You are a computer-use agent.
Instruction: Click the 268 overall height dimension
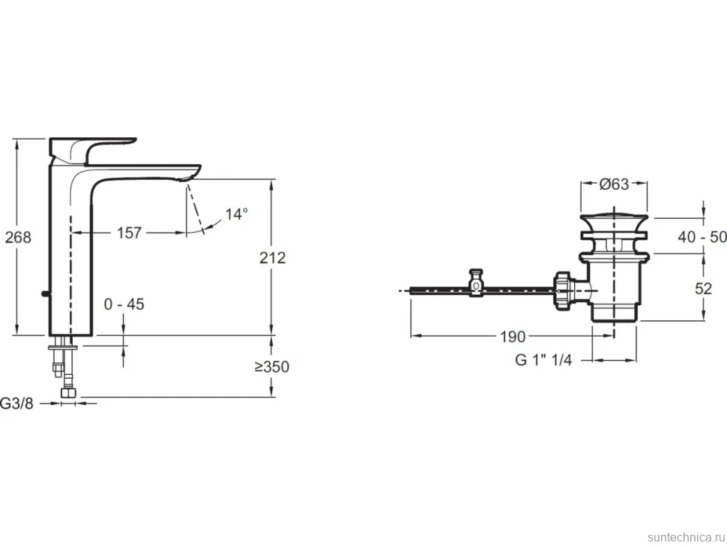[x=18, y=237]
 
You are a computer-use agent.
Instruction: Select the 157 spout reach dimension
[x=129, y=232]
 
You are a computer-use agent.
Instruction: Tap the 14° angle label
[x=236, y=214]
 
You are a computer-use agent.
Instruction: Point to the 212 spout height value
[x=272, y=257]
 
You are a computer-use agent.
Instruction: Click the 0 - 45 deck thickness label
[x=124, y=304]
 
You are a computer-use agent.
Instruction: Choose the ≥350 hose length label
[x=272, y=367]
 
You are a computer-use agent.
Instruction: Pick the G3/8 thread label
[x=17, y=403]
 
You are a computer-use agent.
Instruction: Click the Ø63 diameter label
[x=614, y=184]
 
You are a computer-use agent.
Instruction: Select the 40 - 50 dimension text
[x=702, y=236]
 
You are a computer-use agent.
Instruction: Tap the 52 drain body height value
[x=703, y=289]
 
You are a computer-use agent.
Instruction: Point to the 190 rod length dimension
[x=513, y=336]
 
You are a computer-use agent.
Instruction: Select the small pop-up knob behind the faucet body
[x=44, y=293]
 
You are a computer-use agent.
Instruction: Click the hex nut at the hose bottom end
[x=69, y=393]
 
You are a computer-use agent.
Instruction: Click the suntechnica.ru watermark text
[x=686, y=537]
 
